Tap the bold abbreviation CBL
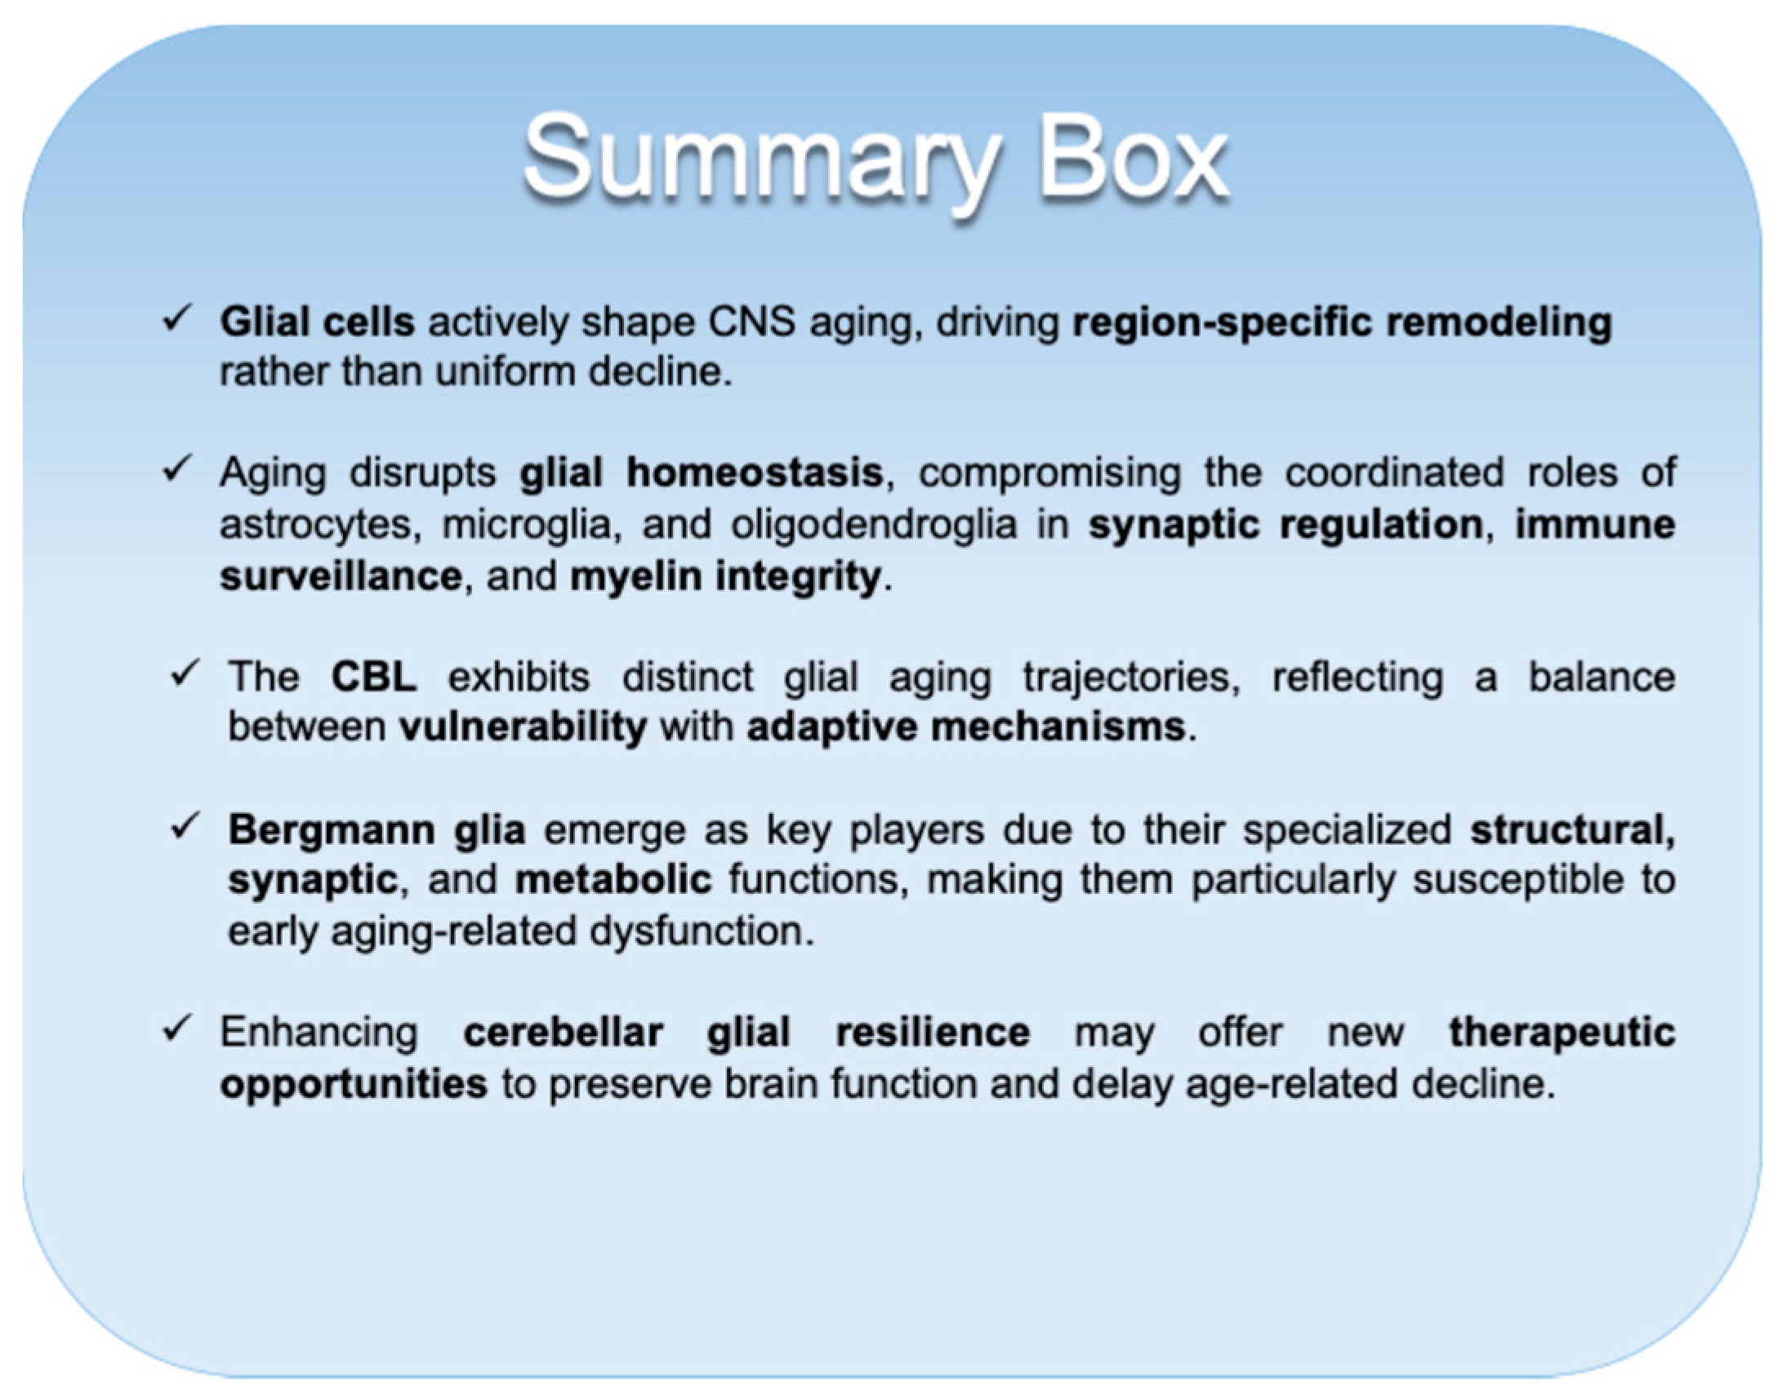coord(373,677)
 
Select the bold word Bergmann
coord(332,831)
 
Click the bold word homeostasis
coord(755,473)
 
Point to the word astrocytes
coord(320,526)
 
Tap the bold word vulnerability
coord(523,728)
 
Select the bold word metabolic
coord(613,880)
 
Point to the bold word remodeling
coord(1499,323)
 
